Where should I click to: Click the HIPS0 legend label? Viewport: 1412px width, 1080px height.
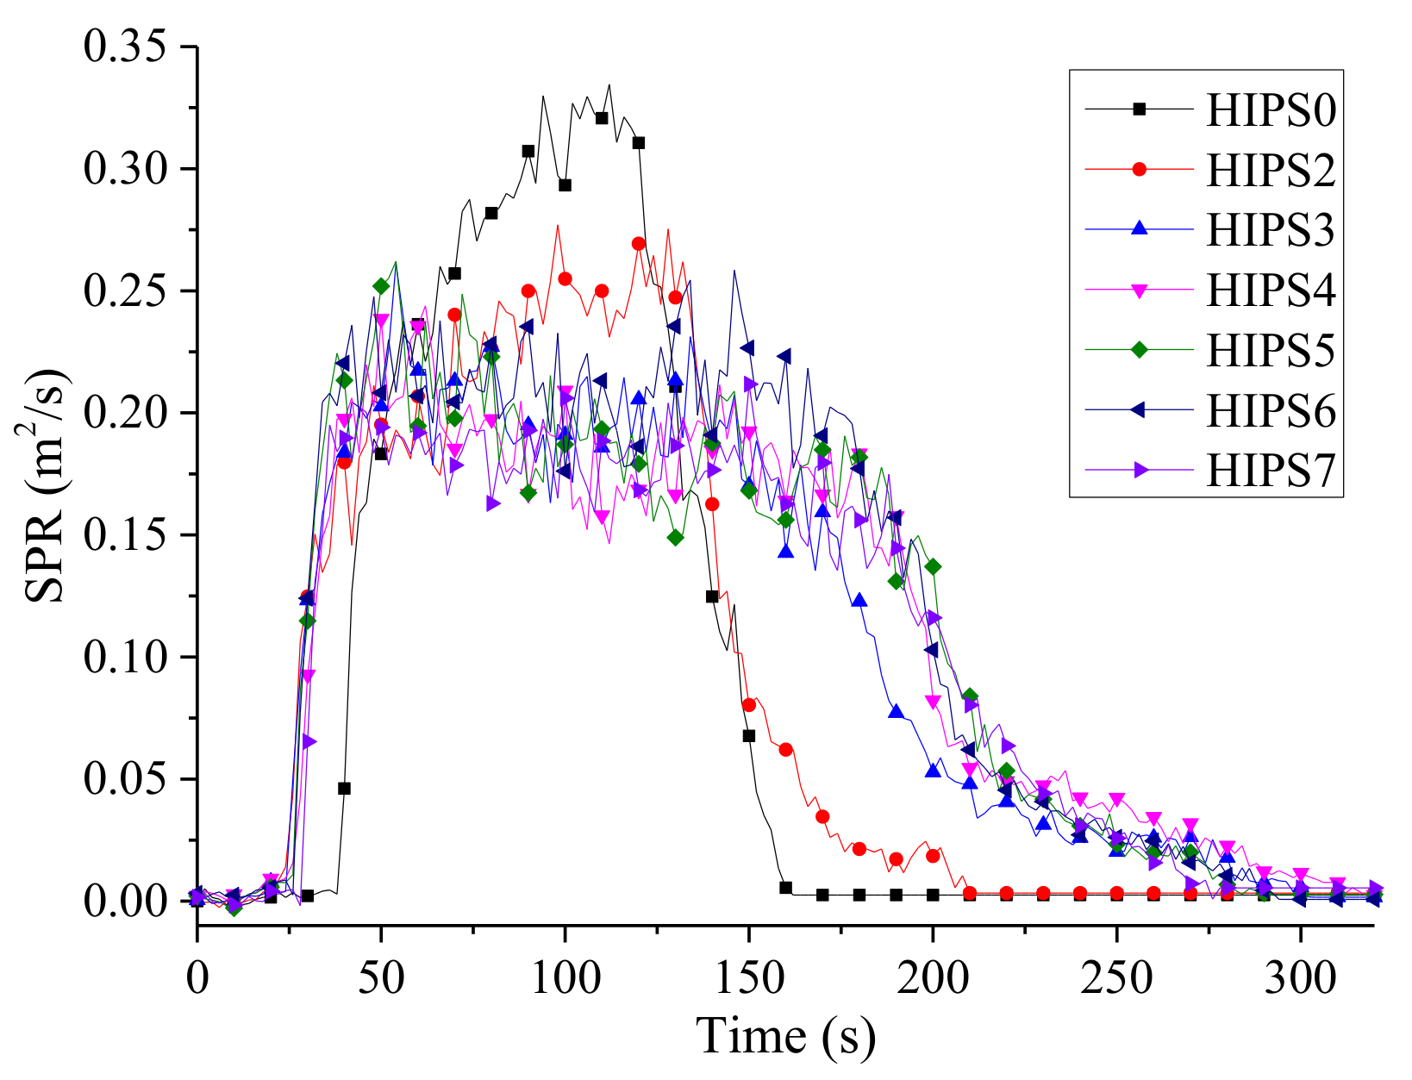pos(1270,110)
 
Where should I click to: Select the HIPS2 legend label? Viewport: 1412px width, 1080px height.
pos(1270,170)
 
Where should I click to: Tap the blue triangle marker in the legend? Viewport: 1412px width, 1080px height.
pos(1139,229)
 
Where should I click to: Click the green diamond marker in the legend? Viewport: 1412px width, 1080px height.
pos(1139,350)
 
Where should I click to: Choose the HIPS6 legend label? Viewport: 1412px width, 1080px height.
pos(1270,410)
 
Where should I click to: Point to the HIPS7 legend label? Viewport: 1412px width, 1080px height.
pos(1270,470)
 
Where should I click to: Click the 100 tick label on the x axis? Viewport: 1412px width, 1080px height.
pos(565,977)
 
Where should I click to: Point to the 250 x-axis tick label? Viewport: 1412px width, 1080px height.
pos(1116,977)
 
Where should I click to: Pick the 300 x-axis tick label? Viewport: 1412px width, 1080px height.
pos(1300,977)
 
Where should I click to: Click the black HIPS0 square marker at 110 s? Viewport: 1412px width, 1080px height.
pos(602,118)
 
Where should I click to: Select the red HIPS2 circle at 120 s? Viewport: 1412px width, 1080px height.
pos(639,244)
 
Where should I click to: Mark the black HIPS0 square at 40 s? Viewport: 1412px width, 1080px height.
pos(344,788)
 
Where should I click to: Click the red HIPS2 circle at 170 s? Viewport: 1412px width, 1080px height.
pos(822,816)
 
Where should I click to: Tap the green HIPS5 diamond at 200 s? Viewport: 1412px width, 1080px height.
pos(933,566)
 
